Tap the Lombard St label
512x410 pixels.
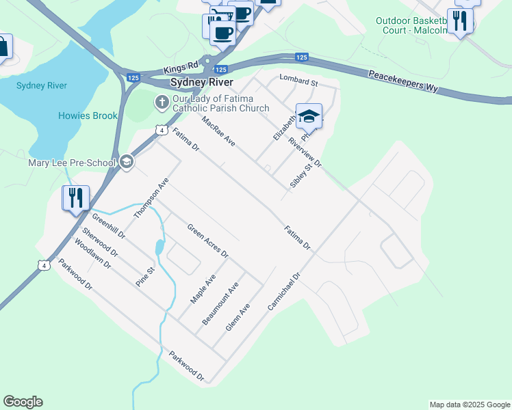(299, 81)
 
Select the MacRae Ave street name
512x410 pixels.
(218, 131)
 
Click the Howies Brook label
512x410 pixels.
(88, 115)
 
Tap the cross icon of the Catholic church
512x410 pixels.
(162, 103)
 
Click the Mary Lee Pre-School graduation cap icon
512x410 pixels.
(126, 162)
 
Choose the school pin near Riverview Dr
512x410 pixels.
(309, 117)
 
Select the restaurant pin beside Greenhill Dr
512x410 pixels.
(75, 198)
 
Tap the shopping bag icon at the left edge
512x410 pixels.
(3, 46)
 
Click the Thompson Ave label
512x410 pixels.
(151, 199)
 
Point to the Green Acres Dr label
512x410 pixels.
(207, 241)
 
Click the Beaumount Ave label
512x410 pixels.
(219, 303)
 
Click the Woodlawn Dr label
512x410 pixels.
(92, 254)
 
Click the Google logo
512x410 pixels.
(23, 402)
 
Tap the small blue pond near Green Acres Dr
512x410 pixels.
(159, 247)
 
